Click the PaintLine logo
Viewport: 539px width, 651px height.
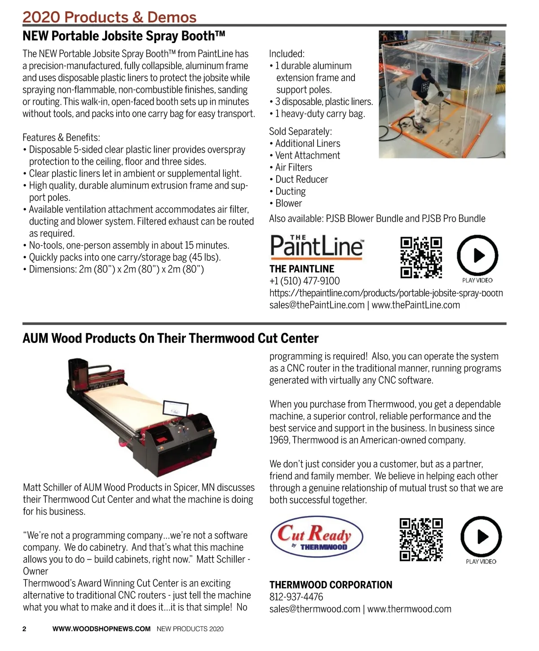317,246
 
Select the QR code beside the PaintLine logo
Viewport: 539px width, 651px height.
421,258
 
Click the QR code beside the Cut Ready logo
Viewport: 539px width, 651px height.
421,540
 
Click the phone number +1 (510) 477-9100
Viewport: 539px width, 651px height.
305,281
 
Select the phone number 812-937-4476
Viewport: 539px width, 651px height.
296,597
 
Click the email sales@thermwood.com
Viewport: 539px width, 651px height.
314,609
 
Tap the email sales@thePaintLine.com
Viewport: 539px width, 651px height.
317,305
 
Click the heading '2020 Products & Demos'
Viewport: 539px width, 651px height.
110,17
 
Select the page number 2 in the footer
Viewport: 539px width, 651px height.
25,629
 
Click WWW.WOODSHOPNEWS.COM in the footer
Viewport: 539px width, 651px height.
102,629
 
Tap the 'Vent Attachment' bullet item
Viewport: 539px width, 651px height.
307,155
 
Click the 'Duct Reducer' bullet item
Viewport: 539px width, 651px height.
301,180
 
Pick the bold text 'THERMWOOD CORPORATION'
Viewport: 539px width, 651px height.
331,585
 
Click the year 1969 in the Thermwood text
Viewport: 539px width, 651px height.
279,440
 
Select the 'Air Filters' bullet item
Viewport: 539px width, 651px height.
293,167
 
